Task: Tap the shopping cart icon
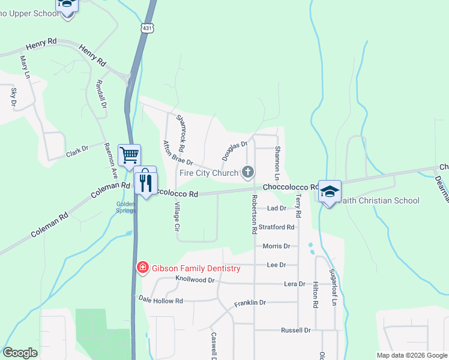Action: [x=130, y=155]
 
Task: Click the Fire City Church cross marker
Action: [x=247, y=173]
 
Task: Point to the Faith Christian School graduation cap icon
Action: [x=330, y=191]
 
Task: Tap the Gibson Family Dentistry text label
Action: [x=196, y=268]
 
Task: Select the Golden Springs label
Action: [x=126, y=207]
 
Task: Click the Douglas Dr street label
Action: [x=234, y=151]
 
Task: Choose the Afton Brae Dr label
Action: [x=178, y=154]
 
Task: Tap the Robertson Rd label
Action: [x=255, y=214]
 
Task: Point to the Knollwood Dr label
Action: [x=194, y=280]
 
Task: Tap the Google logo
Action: [x=20, y=353]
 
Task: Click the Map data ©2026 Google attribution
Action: [x=411, y=355]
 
